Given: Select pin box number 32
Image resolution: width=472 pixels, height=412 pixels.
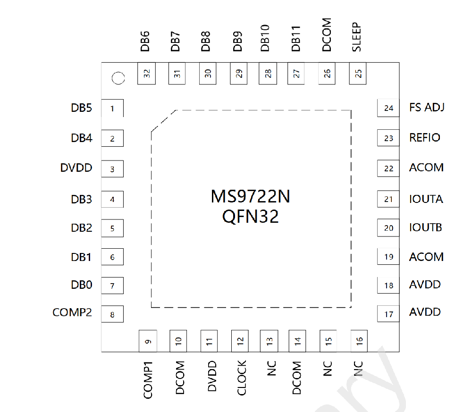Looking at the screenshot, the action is [x=147, y=74].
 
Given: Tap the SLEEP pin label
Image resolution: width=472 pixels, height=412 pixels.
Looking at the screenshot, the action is [x=356, y=37].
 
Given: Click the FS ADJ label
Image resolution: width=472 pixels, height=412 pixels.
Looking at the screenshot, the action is [x=427, y=108].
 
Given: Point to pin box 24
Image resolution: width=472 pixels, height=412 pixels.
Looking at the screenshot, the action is [x=388, y=108].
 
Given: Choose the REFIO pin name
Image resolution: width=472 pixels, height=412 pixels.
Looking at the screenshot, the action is [x=425, y=137].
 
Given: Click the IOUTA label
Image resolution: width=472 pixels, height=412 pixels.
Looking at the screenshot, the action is [x=426, y=199].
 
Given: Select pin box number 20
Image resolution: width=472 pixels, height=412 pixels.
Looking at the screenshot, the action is [x=388, y=228].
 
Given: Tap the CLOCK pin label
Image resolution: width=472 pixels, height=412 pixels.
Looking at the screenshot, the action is [x=242, y=378].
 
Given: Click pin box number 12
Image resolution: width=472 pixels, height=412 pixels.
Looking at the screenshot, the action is [x=240, y=341].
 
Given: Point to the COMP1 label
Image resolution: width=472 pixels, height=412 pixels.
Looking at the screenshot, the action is [x=148, y=380].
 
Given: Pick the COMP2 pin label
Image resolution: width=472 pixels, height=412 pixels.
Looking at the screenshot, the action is [x=72, y=312].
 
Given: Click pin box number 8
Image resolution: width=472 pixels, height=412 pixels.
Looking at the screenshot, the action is [x=112, y=314].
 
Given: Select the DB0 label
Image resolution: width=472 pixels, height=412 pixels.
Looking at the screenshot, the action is [x=82, y=285].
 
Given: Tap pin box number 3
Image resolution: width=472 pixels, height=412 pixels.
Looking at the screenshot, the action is [x=112, y=169].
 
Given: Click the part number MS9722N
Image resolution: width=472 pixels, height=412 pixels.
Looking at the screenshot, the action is [x=251, y=196].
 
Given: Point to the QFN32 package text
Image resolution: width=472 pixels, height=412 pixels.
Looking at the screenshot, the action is [x=251, y=217].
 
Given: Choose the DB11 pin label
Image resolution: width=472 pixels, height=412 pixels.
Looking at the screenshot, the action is [x=296, y=39].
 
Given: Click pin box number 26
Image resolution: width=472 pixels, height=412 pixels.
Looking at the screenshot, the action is [x=327, y=74].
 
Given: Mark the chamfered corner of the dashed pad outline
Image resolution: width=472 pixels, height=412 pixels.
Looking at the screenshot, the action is [x=163, y=121].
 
